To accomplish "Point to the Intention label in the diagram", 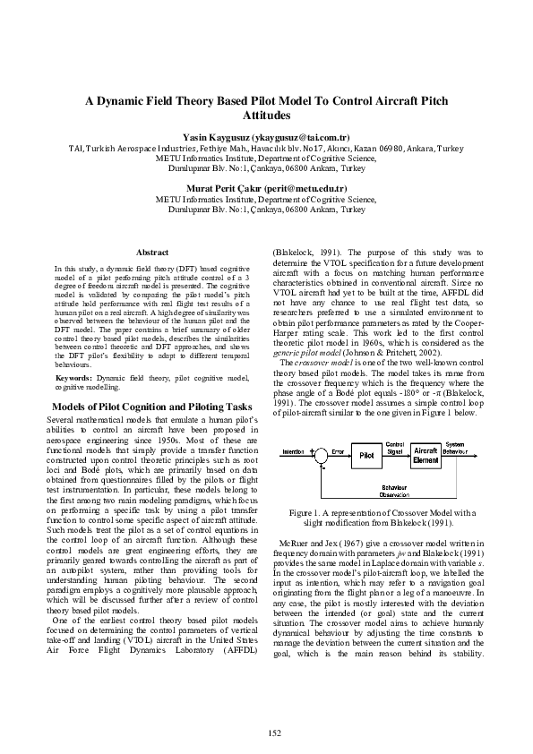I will coord(293,451).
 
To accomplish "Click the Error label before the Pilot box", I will coord(338,451).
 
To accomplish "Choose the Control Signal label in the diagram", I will coord(394,446).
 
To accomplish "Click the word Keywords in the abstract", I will coord(73,379).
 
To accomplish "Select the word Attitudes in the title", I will coord(266,116).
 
